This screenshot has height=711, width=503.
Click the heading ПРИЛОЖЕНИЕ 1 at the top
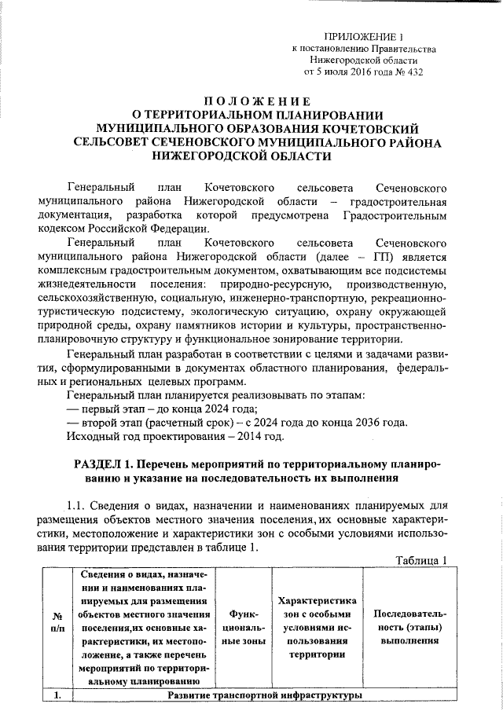pyautogui.click(x=363, y=37)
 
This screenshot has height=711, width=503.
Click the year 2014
pyautogui.click(x=247, y=436)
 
